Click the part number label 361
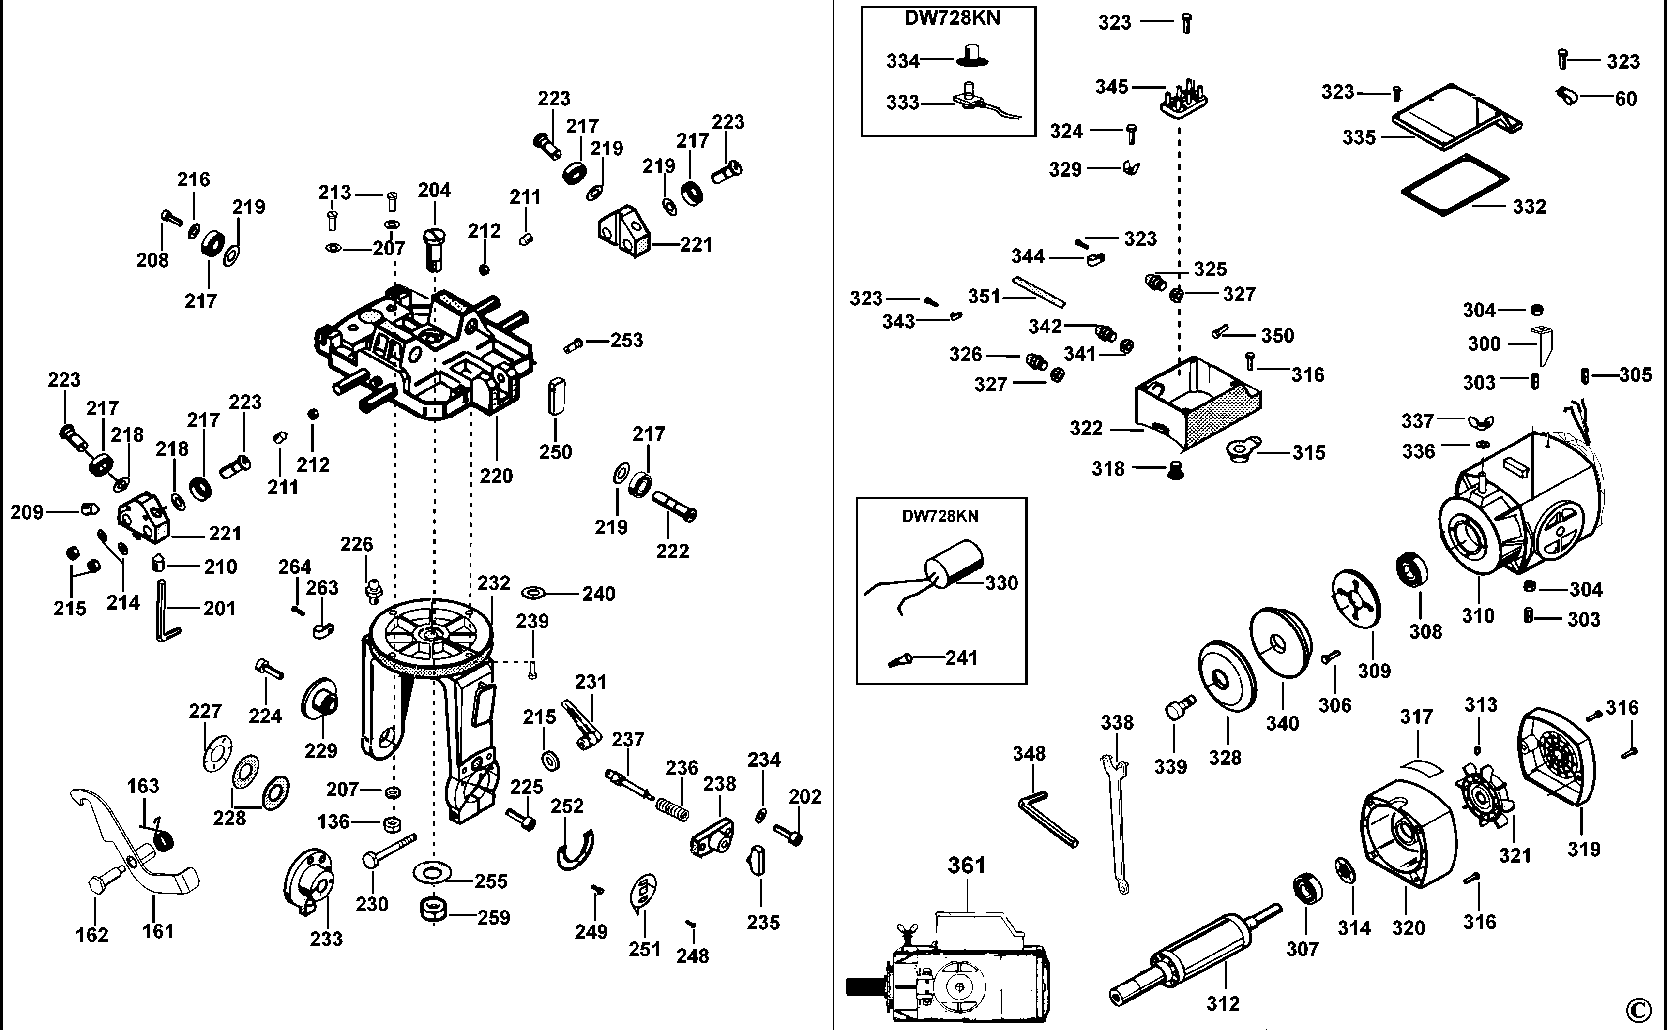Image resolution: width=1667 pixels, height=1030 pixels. tap(967, 866)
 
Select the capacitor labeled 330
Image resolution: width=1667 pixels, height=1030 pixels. tap(953, 564)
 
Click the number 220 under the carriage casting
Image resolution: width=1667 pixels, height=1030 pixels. tap(496, 476)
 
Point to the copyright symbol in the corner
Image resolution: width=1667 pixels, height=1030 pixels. tap(1639, 1009)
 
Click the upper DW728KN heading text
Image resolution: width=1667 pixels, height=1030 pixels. tap(952, 18)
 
